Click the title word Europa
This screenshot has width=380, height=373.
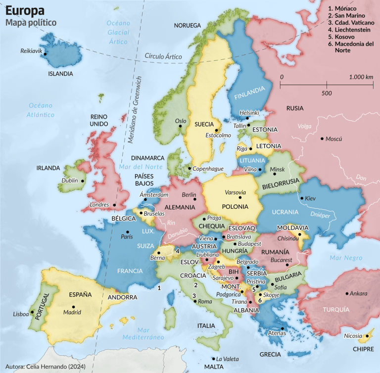click(25, 10)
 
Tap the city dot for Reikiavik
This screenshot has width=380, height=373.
click(45, 53)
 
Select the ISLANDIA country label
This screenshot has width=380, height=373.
click(60, 74)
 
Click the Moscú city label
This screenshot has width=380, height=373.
click(333, 139)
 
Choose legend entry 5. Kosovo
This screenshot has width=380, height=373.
click(344, 37)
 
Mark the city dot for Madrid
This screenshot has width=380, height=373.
click(73, 307)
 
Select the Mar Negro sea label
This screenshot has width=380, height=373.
click(346, 258)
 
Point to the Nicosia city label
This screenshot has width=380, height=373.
click(352, 336)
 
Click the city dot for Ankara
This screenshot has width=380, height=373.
click(347, 293)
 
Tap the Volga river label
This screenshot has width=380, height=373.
click(304, 126)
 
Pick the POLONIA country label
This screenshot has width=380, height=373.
click(235, 206)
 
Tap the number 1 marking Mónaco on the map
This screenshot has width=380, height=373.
click(159, 287)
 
